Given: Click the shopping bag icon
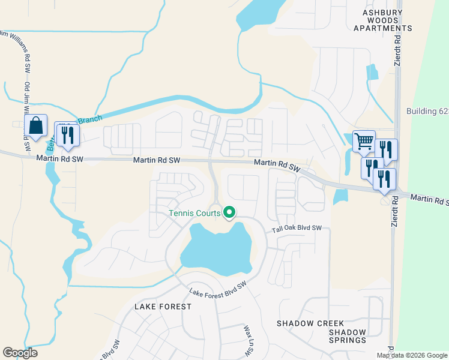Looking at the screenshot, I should click(36, 127).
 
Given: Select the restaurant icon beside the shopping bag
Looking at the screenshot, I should click(67, 134).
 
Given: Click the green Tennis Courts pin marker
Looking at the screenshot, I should click(229, 212).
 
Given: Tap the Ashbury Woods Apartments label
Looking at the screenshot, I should click(383, 20).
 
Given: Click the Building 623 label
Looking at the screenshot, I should click(427, 111).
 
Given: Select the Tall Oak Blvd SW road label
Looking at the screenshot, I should click(297, 228).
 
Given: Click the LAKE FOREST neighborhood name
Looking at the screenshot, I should click(163, 306).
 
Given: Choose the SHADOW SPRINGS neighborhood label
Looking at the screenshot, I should click(348, 336).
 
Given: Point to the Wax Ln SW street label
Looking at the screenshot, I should click(247, 340).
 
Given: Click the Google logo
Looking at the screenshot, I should click(20, 353).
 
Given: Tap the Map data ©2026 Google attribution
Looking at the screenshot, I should click(411, 355).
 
